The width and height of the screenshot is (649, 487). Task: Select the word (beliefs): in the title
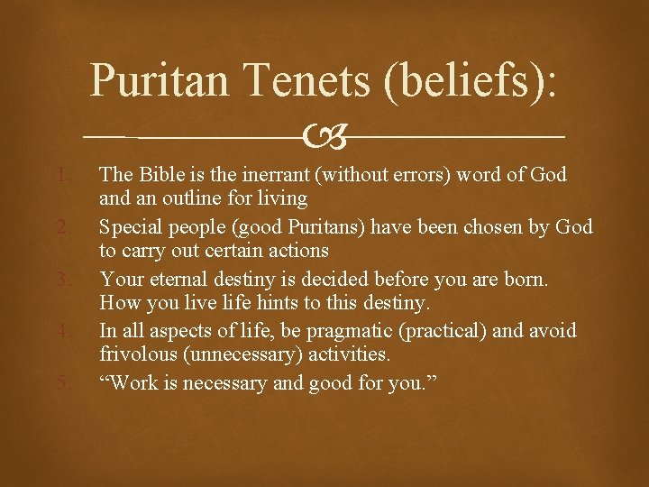click(x=469, y=80)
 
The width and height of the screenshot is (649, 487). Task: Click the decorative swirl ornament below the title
click(x=324, y=137)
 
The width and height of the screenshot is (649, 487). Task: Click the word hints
click(x=282, y=302)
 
